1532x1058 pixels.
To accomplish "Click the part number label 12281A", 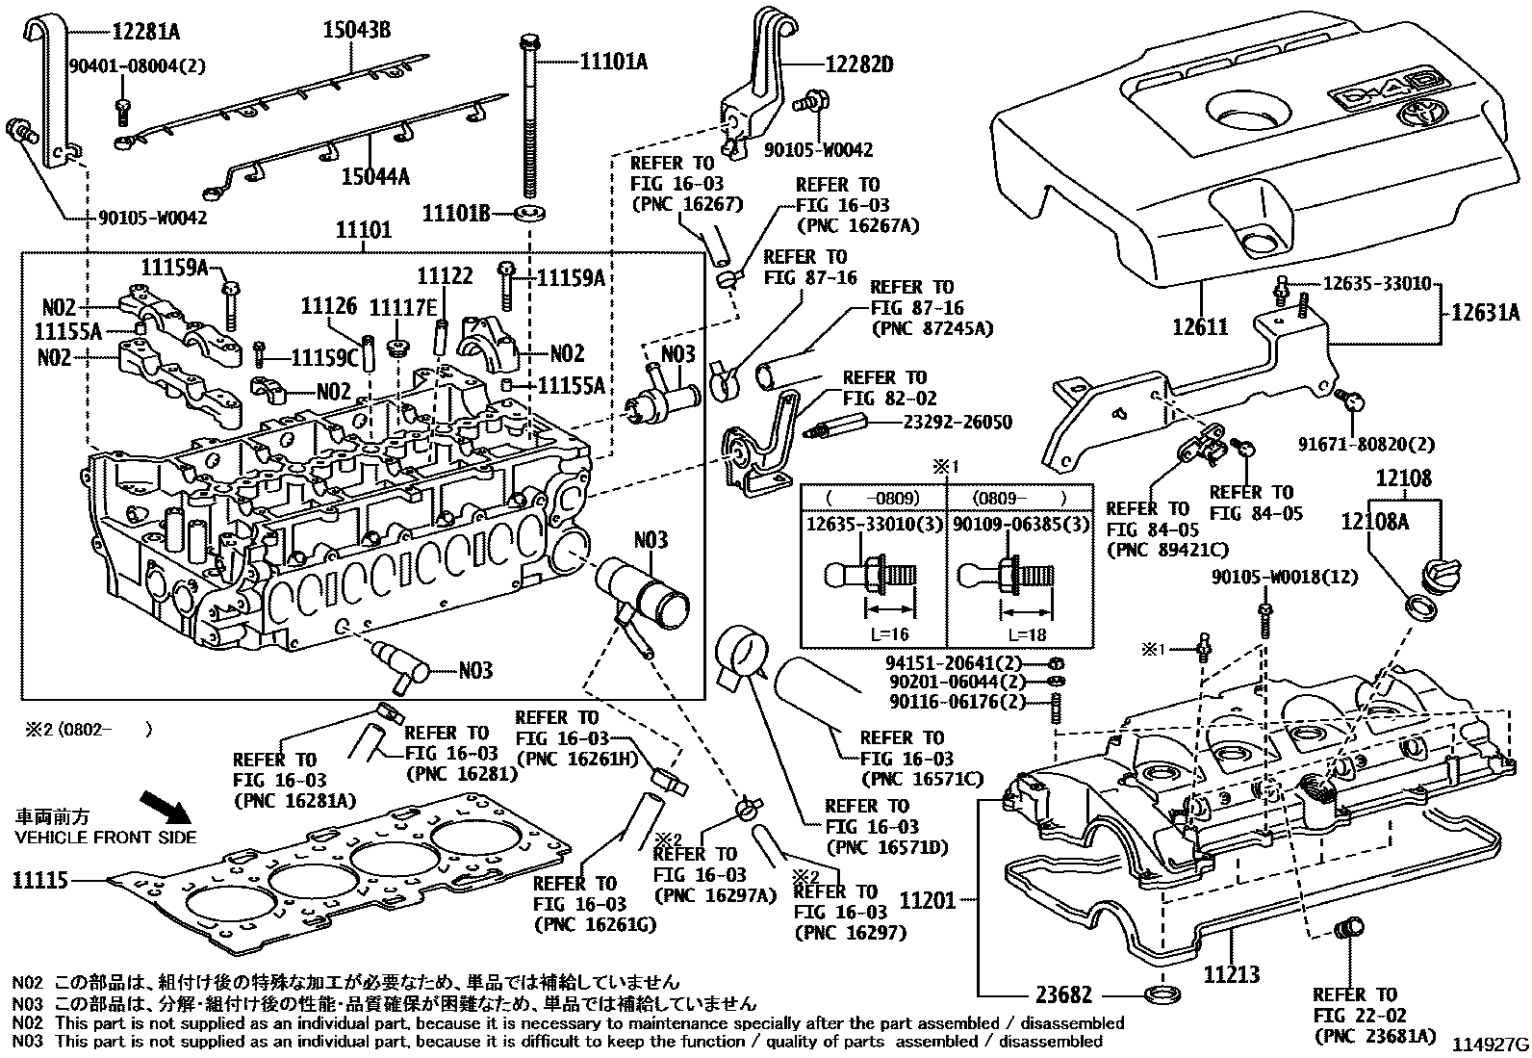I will (145, 32).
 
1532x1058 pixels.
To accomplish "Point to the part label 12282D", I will (859, 65).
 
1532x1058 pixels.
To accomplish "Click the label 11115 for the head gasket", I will (40, 880).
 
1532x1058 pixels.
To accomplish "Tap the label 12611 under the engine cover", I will (1200, 327).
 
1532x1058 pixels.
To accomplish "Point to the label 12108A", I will (1375, 521).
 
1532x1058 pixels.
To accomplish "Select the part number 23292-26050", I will (957, 423).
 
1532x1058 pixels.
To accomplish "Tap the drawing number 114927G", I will (1490, 1045).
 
